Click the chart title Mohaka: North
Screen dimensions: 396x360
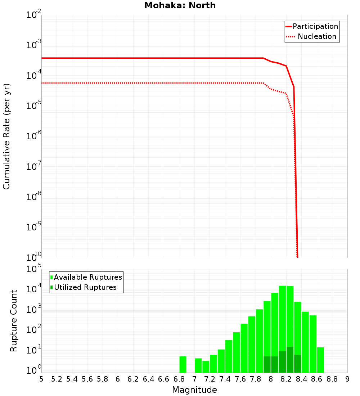pos(180,6)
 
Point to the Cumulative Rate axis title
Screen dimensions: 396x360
pos(6,136)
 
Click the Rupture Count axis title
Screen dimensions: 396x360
pos(14,321)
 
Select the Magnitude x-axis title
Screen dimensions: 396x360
pos(194,390)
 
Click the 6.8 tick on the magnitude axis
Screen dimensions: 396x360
pos(179,379)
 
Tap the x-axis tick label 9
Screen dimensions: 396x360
pos(347,379)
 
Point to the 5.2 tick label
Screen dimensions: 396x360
pos(57,379)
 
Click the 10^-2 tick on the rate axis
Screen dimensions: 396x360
pos(34,15)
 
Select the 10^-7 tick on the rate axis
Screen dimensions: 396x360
pos(34,167)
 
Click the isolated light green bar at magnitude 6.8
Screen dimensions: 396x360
pos(183,364)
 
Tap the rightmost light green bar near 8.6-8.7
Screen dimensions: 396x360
pos(320,360)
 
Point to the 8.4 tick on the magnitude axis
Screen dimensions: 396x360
pos(301,379)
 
